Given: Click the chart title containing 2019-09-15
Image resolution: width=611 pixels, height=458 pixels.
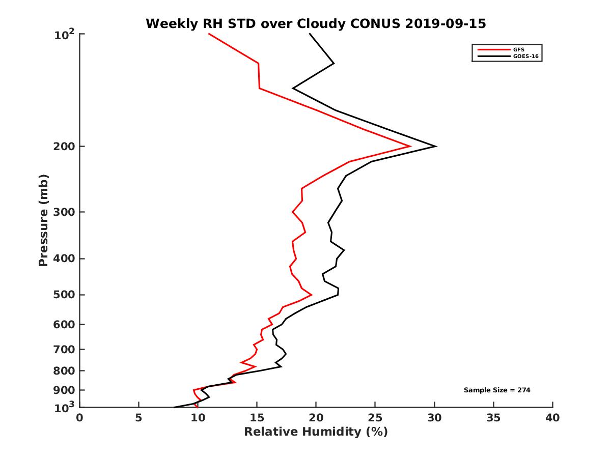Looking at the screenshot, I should (x=316, y=23).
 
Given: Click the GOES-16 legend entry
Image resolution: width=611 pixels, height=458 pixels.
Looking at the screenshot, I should (x=526, y=56).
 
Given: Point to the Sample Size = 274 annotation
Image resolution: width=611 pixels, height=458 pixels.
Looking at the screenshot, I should (x=497, y=390).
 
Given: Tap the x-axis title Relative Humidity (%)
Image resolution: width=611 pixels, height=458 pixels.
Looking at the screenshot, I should (x=316, y=432).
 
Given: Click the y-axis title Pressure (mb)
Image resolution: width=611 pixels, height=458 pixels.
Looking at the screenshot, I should (x=43, y=220).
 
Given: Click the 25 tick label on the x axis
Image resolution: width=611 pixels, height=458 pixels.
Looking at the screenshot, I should (x=375, y=418).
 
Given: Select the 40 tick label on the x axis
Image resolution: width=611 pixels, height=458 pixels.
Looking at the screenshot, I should (x=552, y=418).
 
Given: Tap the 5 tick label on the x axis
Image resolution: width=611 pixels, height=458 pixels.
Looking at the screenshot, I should (x=138, y=418).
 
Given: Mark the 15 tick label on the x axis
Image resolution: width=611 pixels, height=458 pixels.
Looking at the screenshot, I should (x=257, y=418).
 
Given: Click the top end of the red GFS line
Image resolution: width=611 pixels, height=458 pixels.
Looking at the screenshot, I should (x=209, y=34).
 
